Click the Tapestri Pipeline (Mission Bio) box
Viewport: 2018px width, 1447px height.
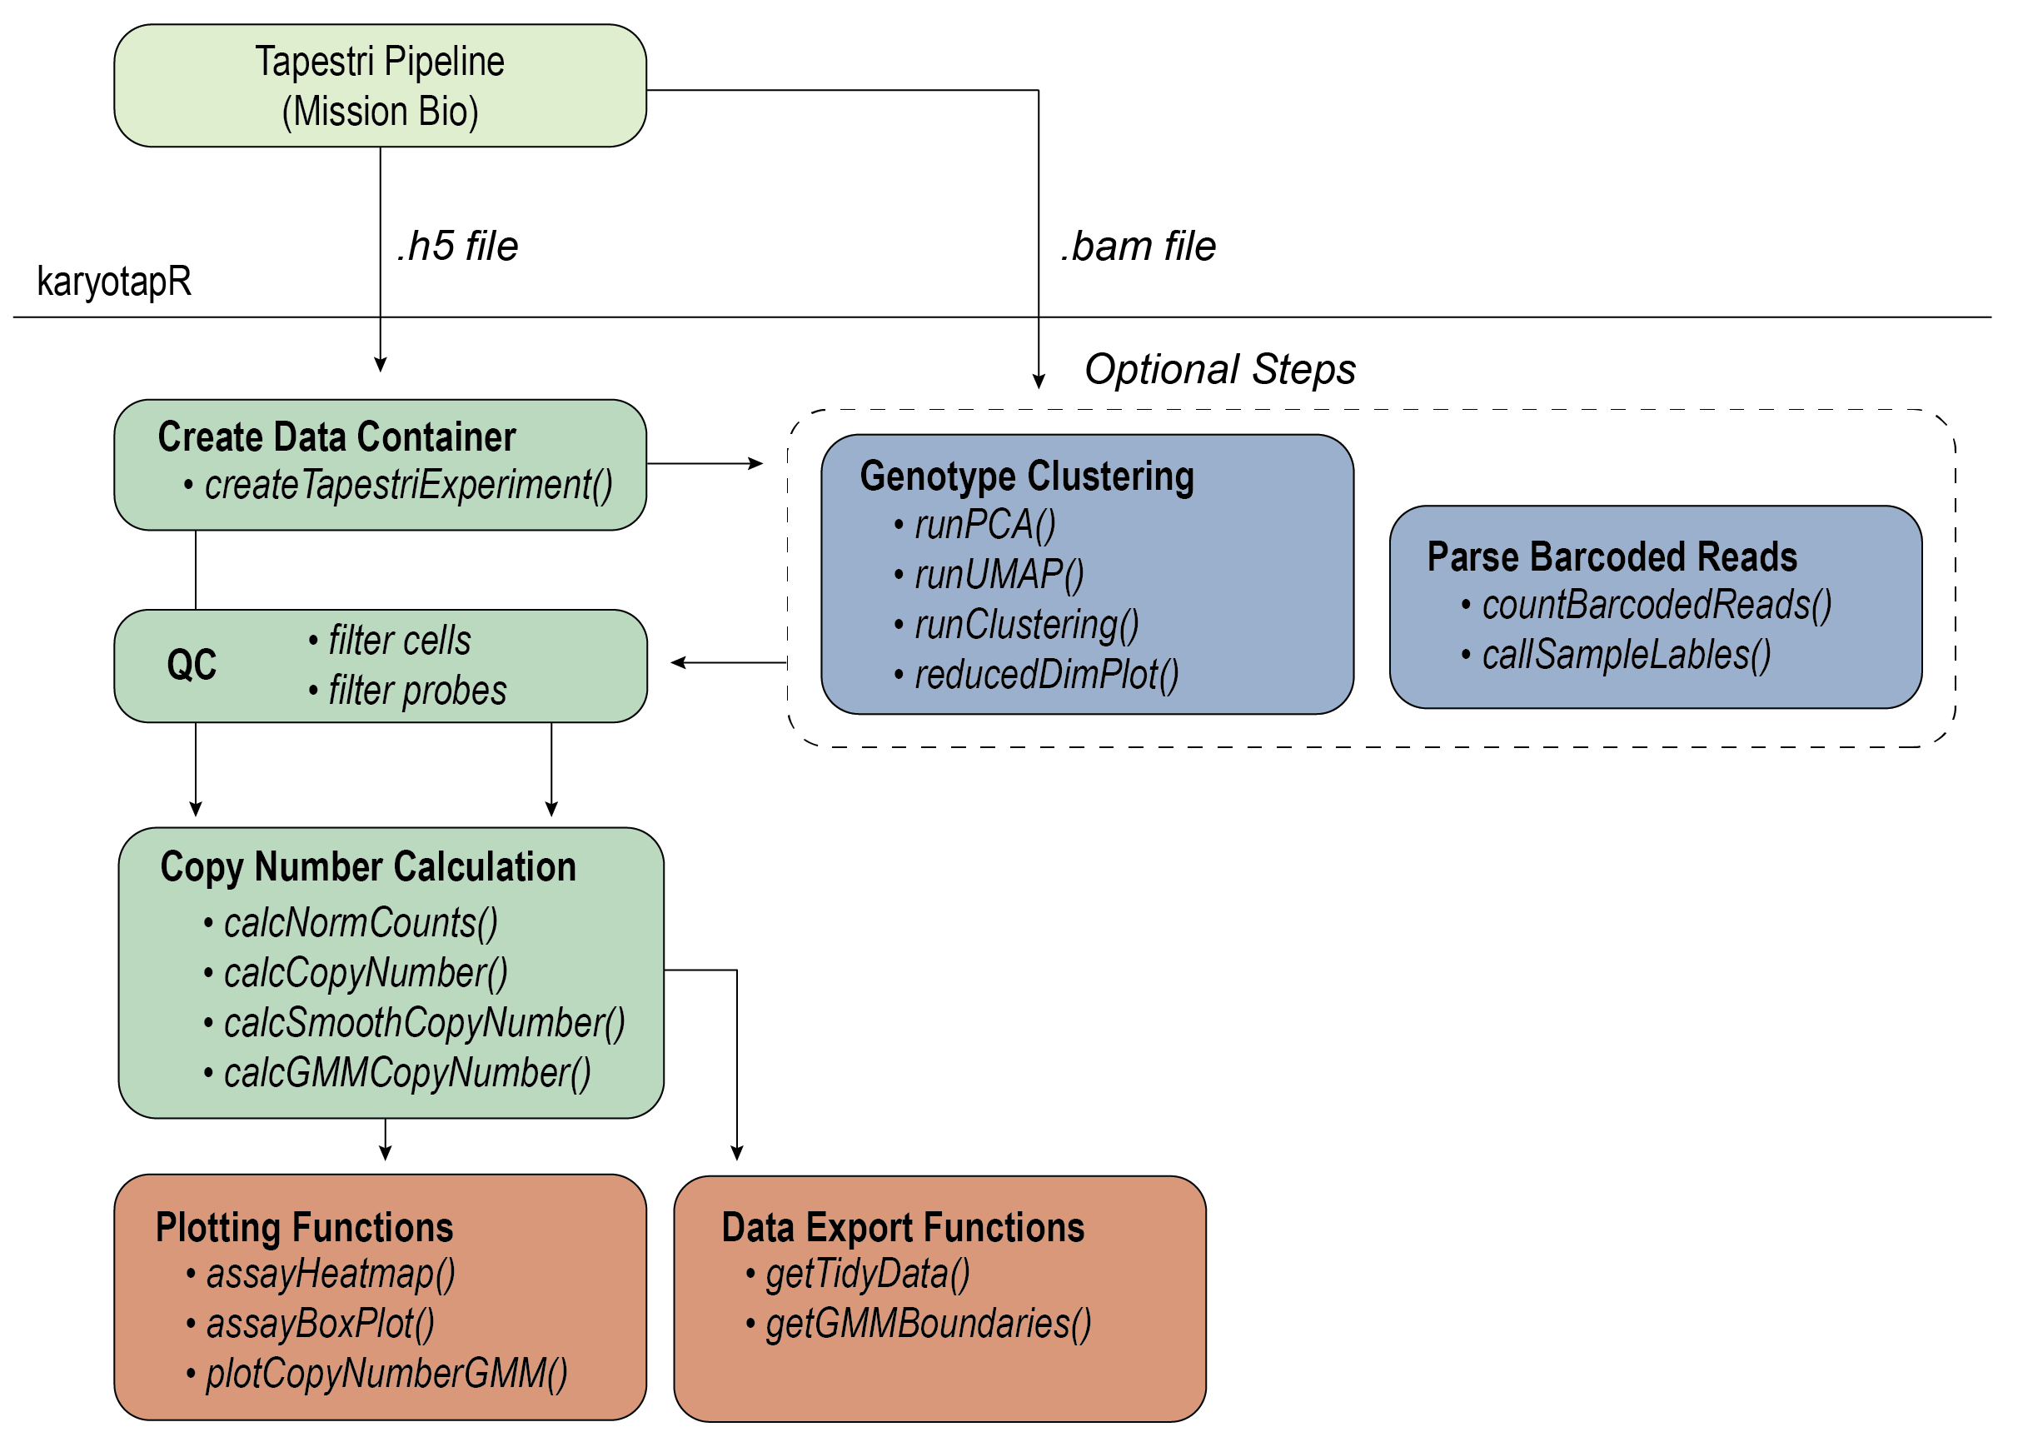coord(380,86)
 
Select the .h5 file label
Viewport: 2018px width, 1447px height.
coord(457,246)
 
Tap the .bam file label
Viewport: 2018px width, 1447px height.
coord(1138,246)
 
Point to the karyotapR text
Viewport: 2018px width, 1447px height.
coord(114,282)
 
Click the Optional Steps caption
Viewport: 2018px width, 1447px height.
coord(1220,368)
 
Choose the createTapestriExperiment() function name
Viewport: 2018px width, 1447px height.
coord(408,486)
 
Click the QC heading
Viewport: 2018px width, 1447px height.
coord(192,665)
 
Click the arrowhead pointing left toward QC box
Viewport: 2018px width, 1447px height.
coord(678,662)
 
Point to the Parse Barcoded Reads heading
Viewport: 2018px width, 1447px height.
coord(1612,557)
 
